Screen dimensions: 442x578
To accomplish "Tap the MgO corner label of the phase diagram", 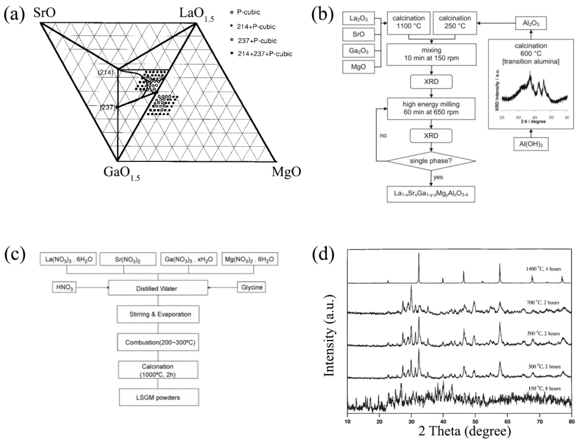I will [x=286, y=172].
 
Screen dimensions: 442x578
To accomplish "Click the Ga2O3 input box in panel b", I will [x=358, y=51].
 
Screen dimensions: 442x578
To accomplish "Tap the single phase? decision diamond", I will [x=431, y=161].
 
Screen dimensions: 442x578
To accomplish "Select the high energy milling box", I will [x=431, y=108].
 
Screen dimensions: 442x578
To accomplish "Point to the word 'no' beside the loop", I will [x=383, y=136].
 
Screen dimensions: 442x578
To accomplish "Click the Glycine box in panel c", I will [x=251, y=287].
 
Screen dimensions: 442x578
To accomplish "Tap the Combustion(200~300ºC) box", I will [x=158, y=342].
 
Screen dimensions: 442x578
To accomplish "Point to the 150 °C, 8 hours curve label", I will [x=543, y=388].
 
